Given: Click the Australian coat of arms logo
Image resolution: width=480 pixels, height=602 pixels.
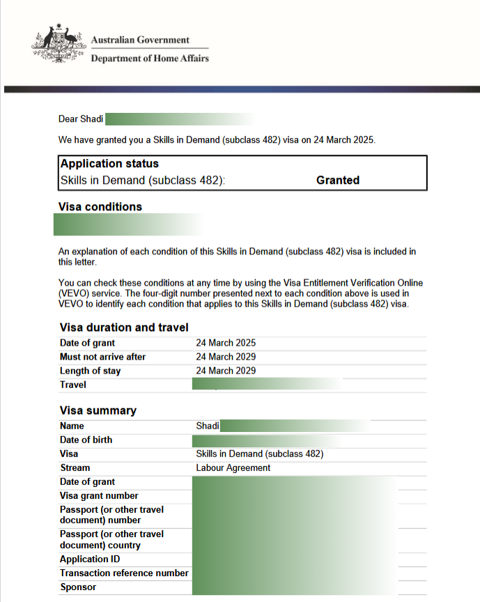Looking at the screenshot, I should (x=56, y=44).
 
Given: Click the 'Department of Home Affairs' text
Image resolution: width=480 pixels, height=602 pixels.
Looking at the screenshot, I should (x=150, y=59).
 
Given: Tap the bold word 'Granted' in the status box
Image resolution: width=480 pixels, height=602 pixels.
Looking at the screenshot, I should (x=338, y=180).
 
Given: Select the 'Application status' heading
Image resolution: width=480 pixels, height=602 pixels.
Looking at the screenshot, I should (x=109, y=164).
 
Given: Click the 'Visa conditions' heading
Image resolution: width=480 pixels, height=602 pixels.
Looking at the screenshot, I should (x=101, y=207).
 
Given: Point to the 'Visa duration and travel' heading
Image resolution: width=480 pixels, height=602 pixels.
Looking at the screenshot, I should (x=124, y=327).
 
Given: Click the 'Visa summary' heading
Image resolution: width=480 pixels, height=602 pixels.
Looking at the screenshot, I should (x=98, y=410).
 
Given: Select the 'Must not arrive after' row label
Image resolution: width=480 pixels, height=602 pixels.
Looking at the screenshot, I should (x=102, y=357).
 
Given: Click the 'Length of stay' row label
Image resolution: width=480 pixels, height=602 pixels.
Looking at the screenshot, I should (x=90, y=371).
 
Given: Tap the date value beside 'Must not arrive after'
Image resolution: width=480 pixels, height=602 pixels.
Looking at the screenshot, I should (x=226, y=357).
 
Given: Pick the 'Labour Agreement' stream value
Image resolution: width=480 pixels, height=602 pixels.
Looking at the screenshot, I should (x=233, y=468).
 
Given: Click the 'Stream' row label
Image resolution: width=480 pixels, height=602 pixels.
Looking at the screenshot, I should (x=75, y=468).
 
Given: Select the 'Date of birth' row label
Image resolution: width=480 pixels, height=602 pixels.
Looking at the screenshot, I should (x=86, y=440).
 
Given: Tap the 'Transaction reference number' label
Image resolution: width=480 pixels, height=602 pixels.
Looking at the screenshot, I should (x=124, y=573).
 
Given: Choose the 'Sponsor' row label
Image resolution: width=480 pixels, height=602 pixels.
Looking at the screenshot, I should (x=78, y=587).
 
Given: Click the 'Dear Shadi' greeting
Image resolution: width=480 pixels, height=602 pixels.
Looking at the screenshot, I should (x=81, y=119).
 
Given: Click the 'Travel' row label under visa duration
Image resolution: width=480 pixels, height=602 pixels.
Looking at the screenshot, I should (x=73, y=385).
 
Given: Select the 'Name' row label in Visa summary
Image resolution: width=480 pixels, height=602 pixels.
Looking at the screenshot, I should (x=72, y=426).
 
